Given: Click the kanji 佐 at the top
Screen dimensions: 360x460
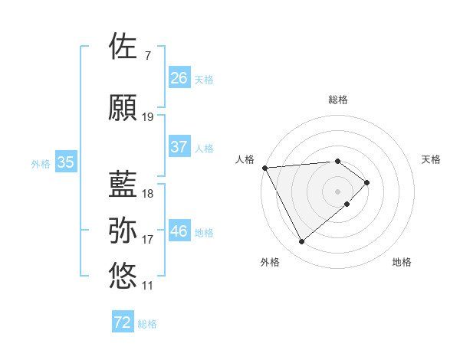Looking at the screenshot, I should point(123,47).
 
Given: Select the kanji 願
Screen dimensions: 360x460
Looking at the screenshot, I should point(123,108).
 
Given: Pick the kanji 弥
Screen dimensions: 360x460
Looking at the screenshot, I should point(123,231).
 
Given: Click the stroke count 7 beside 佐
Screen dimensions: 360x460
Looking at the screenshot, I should point(147,56).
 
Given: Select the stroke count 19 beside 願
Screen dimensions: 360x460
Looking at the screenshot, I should point(148,117).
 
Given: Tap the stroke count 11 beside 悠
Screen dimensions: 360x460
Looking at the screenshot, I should point(148,286).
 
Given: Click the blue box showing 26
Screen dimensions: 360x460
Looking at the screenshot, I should point(179,77).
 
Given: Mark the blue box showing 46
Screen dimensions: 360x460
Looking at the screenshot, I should point(179,231).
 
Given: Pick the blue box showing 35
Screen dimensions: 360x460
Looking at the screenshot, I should point(66,162).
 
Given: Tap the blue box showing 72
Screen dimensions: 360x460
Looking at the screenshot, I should point(123,322).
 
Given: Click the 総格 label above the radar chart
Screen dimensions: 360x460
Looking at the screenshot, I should point(338,100).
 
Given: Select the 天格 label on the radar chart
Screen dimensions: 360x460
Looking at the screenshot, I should point(432,159).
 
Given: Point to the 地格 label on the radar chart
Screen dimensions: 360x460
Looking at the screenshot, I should point(402,262).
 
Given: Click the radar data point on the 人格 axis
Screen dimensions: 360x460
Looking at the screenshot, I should point(264,167).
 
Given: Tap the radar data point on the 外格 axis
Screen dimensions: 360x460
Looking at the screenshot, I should point(301,242).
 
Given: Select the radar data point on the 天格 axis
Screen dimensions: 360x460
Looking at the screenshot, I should point(367,182).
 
